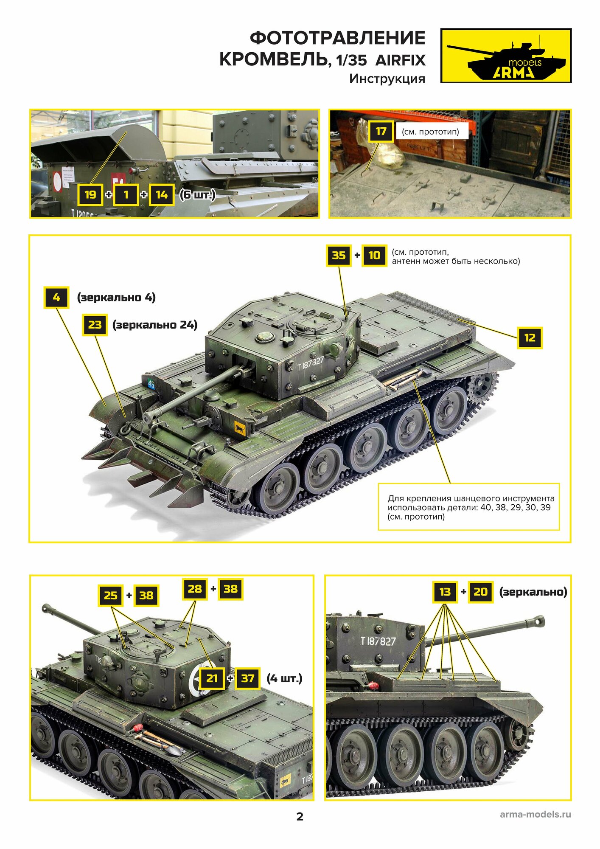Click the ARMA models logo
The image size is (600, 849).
506,56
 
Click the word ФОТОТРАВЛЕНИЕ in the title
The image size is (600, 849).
337,38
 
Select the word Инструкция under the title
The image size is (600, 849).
387,79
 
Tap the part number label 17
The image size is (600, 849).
381,131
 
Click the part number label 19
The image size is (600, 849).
90,195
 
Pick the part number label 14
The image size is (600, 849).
162,195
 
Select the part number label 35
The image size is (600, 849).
339,255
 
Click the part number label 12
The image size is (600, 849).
530,338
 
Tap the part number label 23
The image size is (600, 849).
95,325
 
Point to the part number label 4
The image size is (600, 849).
56,297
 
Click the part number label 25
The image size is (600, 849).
111,595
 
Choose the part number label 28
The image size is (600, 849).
195,589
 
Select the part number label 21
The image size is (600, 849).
212,678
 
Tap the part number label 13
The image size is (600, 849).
445,592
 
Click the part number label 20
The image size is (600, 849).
480,592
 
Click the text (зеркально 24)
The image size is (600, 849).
155,325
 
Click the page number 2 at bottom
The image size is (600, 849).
300,817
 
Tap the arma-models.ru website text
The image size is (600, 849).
535,814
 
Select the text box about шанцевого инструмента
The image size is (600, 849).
468,507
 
